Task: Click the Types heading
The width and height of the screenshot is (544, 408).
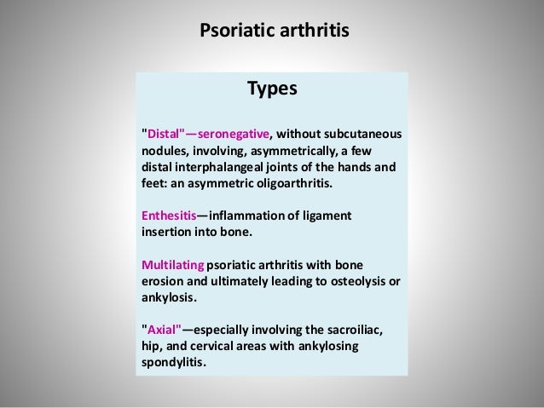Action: pos(272,89)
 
